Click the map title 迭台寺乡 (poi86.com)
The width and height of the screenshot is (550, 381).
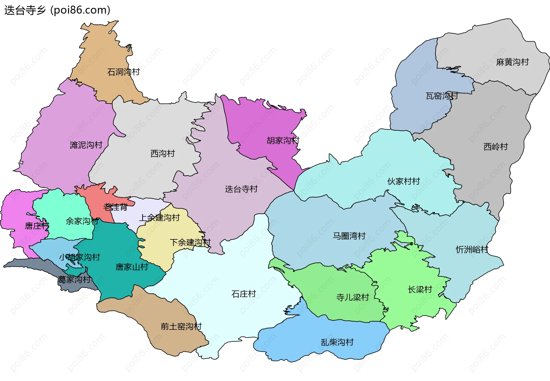(57, 10)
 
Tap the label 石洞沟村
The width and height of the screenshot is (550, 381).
(123, 72)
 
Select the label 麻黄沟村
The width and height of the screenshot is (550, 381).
(512, 62)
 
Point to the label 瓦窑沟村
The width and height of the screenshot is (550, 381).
(442, 96)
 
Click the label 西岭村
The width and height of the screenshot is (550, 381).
(496, 147)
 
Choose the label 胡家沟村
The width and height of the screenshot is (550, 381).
(283, 140)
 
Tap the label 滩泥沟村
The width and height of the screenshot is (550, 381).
(86, 145)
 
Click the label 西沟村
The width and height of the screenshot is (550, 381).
(162, 154)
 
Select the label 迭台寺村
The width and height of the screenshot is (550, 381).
(241, 189)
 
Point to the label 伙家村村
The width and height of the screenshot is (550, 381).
(403, 181)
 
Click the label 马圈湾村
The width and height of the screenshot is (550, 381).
(349, 236)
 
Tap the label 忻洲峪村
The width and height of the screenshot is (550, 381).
(472, 250)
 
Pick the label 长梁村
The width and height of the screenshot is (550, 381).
(420, 290)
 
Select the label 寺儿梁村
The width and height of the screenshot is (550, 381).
(352, 298)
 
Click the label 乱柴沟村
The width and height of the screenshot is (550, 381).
(337, 342)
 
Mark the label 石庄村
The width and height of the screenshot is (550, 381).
(243, 294)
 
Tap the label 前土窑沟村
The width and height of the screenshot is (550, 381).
(181, 327)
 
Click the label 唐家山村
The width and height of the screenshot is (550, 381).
(131, 267)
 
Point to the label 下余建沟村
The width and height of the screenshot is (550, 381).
(190, 243)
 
